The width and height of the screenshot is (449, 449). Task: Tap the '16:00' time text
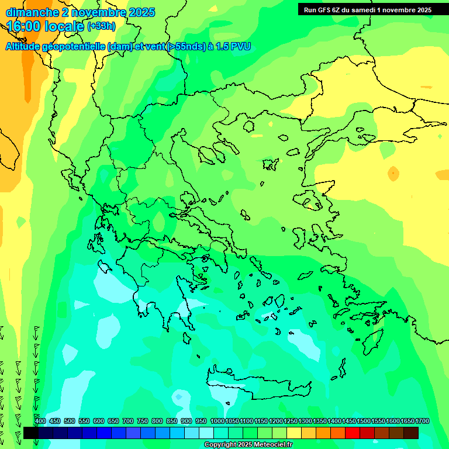coord(24,27)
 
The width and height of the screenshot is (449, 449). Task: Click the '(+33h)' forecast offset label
coord(101,26)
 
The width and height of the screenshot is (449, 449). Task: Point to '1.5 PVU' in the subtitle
coord(233,47)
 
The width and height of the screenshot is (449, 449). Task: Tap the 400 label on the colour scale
coord(40,422)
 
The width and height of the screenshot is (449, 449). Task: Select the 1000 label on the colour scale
coord(217,422)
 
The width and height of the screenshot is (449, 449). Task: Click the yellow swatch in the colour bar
coord(294,433)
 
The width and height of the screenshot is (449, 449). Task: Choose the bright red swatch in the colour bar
coord(353,433)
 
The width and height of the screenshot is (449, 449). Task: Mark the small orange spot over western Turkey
coord(393,173)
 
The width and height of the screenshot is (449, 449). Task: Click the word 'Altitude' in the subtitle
coord(26,47)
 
